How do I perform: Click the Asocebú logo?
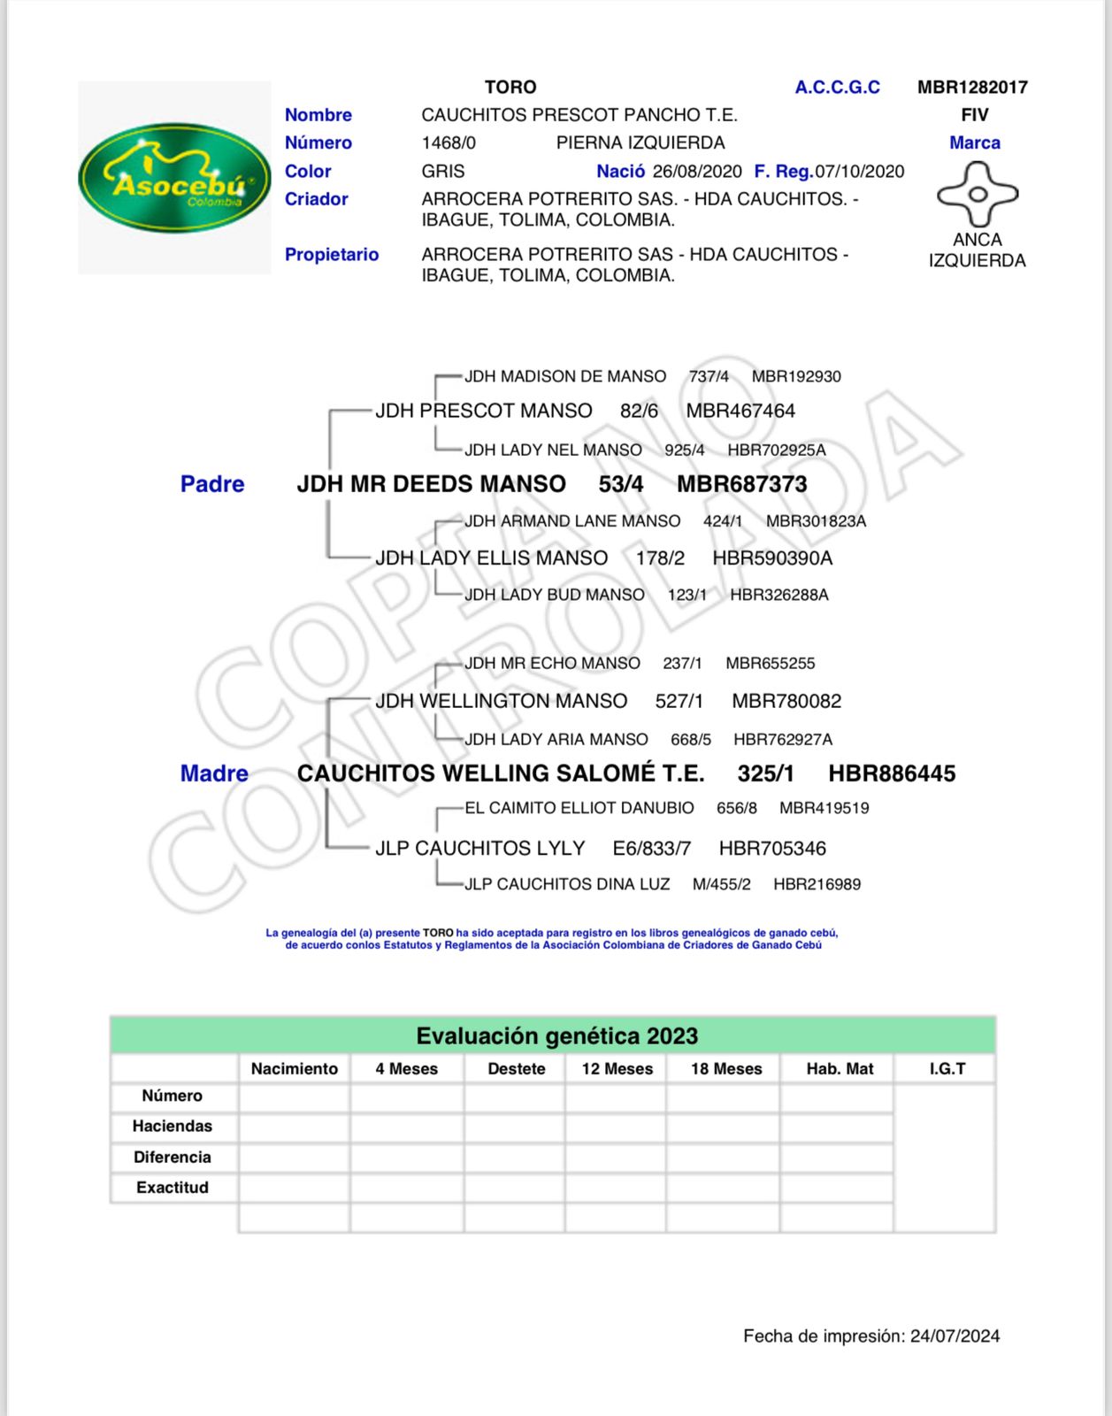174,177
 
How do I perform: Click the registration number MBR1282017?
972,87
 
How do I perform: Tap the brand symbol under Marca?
977,194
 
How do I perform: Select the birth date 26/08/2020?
697,171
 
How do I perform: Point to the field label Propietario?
332,254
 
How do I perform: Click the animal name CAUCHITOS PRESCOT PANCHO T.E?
579,115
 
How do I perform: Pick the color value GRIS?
443,171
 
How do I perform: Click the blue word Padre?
212,484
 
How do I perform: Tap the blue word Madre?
214,773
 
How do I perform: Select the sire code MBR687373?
742,484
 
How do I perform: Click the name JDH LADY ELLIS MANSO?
491,558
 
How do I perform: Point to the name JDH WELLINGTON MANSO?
501,701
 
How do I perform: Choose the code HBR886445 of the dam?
892,773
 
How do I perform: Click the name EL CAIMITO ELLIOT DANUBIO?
579,808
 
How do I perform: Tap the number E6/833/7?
651,849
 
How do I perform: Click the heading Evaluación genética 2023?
556,1035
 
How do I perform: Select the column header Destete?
517,1069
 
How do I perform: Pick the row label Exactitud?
173,1188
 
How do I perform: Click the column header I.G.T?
947,1069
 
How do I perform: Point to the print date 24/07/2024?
955,1336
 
